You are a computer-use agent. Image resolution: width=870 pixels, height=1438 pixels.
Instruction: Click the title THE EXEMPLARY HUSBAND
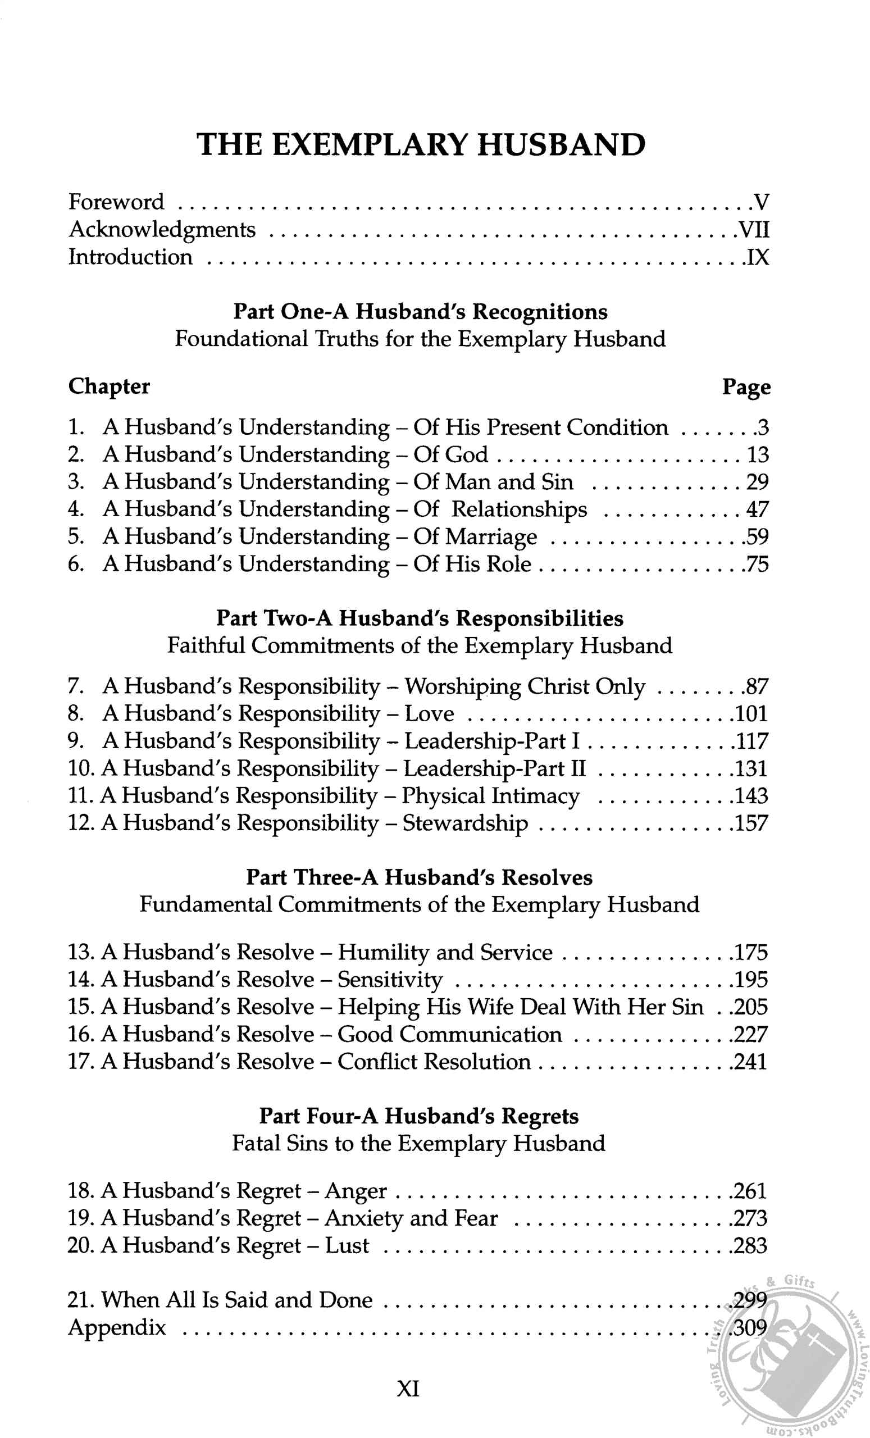tap(421, 145)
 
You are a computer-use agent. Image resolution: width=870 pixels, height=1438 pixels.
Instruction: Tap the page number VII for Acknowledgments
tap(753, 229)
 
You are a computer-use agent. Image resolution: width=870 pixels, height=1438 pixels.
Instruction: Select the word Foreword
tap(116, 202)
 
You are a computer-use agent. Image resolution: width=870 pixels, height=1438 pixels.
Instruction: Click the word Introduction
tap(130, 257)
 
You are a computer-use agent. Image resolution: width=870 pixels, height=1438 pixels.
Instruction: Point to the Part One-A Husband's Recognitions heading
tap(420, 312)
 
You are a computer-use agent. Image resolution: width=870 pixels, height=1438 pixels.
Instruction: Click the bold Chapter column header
tap(109, 386)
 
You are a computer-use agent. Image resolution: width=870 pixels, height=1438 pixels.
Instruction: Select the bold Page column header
tap(746, 387)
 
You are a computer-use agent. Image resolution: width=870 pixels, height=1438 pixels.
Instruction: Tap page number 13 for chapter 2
tap(757, 454)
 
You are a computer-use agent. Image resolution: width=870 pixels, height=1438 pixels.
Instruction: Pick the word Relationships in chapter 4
tap(520, 509)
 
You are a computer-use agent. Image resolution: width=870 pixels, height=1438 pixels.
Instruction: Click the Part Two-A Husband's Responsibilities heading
tap(420, 618)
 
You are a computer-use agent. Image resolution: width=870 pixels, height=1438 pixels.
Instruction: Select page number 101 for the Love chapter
tap(751, 714)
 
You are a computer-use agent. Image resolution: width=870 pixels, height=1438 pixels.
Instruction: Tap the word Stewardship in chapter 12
tap(465, 823)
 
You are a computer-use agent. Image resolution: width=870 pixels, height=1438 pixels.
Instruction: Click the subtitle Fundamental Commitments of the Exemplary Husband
tap(419, 904)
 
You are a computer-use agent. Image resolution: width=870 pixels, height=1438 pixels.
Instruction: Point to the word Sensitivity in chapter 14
tap(390, 980)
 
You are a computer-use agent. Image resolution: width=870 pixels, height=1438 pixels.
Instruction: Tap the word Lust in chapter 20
tap(347, 1245)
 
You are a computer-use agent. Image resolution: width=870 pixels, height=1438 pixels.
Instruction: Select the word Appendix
tap(117, 1328)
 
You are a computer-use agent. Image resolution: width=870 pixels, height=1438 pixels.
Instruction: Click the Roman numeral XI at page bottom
tap(408, 1388)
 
